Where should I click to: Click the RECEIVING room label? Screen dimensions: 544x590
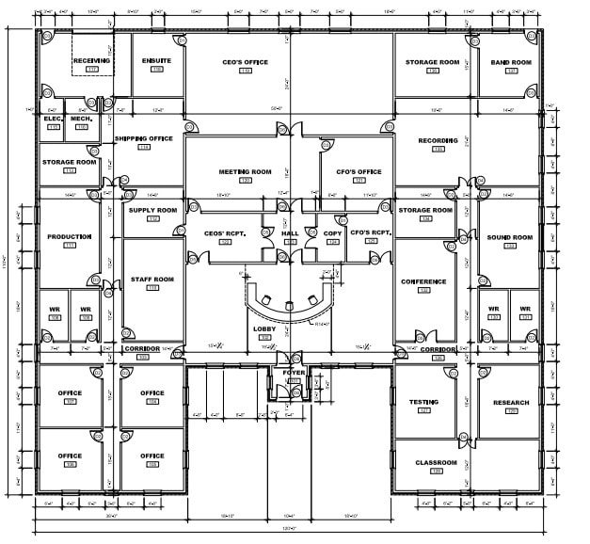[92, 61]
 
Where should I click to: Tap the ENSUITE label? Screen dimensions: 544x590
[157, 61]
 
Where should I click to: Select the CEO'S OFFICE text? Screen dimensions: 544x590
[246, 62]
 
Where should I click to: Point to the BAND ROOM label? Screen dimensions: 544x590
[511, 62]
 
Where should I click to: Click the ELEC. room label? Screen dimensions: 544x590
[53, 119]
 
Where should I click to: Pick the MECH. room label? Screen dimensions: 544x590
[81, 119]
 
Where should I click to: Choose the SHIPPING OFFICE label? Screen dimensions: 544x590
[144, 138]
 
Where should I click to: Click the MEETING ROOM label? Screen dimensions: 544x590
[246, 171]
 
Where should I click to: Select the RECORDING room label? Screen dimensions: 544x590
[438, 140]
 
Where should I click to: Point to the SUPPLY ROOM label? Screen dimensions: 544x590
[152, 210]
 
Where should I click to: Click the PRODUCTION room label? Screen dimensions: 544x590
[69, 236]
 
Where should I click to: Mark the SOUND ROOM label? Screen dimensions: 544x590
[510, 237]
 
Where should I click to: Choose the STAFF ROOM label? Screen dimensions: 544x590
[152, 279]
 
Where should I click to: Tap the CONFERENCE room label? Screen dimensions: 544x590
[423, 281]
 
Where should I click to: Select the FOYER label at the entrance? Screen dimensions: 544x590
[293, 373]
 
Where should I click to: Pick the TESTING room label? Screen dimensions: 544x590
[423, 402]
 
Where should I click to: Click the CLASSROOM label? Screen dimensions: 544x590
[436, 462]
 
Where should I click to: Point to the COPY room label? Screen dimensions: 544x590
[332, 232]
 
